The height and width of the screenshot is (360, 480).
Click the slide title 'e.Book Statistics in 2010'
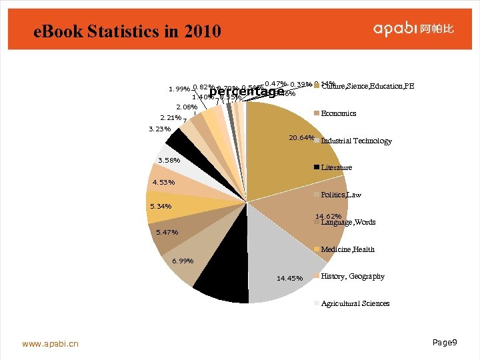[127, 31]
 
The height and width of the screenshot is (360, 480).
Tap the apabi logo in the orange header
[413, 29]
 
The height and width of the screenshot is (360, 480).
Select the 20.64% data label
[301, 138]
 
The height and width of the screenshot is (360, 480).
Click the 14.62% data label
[329, 216]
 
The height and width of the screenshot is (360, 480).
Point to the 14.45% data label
[289, 278]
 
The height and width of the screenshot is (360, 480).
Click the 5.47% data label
[166, 233]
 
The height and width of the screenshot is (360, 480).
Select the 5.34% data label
[161, 206]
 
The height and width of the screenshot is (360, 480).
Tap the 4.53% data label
[163, 182]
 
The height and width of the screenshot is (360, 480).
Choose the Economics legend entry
[338, 113]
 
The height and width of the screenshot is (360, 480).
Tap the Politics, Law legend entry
[341, 195]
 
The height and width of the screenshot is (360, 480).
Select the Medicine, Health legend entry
[347, 249]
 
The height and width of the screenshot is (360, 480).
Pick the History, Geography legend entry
[352, 276]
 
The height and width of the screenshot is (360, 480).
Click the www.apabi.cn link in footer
[50, 344]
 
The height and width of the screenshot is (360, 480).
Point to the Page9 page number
[445, 342]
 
